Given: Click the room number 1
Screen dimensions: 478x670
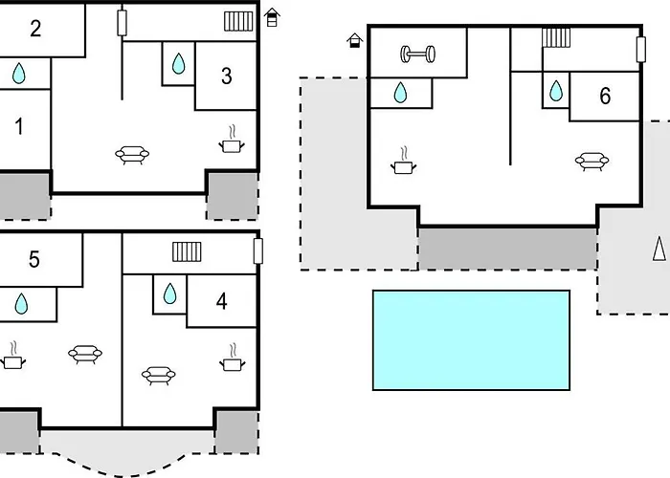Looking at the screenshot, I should pyautogui.click(x=18, y=127).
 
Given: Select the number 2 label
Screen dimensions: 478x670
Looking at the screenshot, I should pyautogui.click(x=35, y=29).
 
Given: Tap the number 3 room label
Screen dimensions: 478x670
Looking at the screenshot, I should pyautogui.click(x=226, y=76).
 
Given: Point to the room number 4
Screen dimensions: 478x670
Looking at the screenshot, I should pyautogui.click(x=222, y=302).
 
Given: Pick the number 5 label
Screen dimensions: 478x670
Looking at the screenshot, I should pyautogui.click(x=33, y=259).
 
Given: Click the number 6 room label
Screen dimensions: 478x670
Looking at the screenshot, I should pyautogui.click(x=604, y=96).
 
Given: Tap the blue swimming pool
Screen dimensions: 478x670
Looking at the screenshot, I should pyautogui.click(x=470, y=339).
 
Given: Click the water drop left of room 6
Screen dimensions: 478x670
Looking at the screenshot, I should pyautogui.click(x=557, y=92).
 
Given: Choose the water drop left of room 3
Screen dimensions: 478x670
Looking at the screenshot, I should pyautogui.click(x=178, y=64).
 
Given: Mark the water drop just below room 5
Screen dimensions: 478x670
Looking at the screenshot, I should pyautogui.click(x=21, y=304).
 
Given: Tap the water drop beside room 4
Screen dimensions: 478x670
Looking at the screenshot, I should pyautogui.click(x=169, y=293).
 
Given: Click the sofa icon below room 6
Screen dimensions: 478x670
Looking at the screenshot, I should pyautogui.click(x=592, y=162).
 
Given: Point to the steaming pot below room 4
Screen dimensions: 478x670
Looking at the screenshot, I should pyautogui.click(x=232, y=361).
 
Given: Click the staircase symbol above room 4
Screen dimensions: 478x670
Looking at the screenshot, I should pyautogui.click(x=188, y=251).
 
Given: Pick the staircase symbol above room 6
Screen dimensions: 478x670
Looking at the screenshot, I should pyautogui.click(x=556, y=37).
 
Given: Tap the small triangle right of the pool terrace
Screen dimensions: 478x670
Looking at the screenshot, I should pyautogui.click(x=659, y=249).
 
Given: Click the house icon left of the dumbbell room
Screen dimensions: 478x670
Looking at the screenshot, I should pyautogui.click(x=355, y=40).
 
